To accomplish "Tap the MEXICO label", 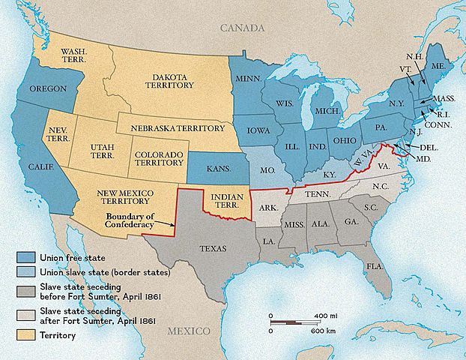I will coord(189,331).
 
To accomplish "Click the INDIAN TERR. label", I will coord(225,200).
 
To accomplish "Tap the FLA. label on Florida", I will coord(375,267).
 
